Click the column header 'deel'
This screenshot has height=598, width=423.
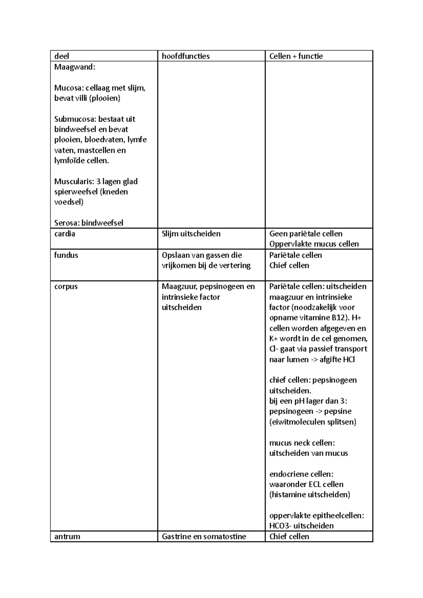coord(62,56)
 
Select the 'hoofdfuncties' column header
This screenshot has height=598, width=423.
coord(185,56)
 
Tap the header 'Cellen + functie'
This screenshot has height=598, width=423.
coord(296,56)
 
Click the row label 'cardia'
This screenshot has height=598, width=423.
coord(65,234)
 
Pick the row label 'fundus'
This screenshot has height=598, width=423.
coord(66,255)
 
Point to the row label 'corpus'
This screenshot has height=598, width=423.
coord(66,287)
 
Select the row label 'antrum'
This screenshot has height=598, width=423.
coord(67,536)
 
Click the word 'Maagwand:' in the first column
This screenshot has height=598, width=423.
coord(74,67)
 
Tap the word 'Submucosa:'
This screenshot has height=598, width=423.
coord(75,119)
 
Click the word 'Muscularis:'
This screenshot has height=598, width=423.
coord(74,182)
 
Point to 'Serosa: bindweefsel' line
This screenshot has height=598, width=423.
coord(88,223)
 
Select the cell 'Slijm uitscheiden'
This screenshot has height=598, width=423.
coord(191,234)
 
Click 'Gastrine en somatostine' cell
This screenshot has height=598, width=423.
coord(204,536)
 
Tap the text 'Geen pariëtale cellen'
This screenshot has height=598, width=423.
coord(306,234)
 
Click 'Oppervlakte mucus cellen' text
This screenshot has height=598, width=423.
coord(314,244)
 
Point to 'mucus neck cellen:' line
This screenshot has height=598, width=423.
coord(302,443)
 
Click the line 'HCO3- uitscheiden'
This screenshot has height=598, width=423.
coord(301,526)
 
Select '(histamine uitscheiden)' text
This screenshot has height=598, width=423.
coord(309,494)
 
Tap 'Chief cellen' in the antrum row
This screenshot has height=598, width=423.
coord(289,536)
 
